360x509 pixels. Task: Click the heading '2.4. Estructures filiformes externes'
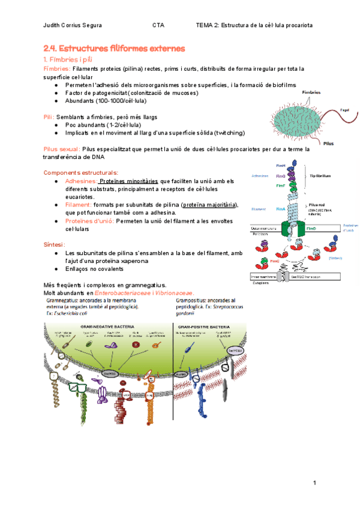point(114,48)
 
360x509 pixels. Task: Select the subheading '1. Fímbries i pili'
point(70,60)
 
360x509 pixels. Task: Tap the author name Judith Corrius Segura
point(73,26)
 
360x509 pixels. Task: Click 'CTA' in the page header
point(158,26)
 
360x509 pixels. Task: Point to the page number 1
point(314,483)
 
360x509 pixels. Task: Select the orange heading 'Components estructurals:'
point(81,173)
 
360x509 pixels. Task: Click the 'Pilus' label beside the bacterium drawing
point(328,144)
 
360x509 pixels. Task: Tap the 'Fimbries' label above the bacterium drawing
point(312,92)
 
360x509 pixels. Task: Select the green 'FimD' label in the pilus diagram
point(312,229)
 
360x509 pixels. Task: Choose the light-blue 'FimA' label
point(281,209)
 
